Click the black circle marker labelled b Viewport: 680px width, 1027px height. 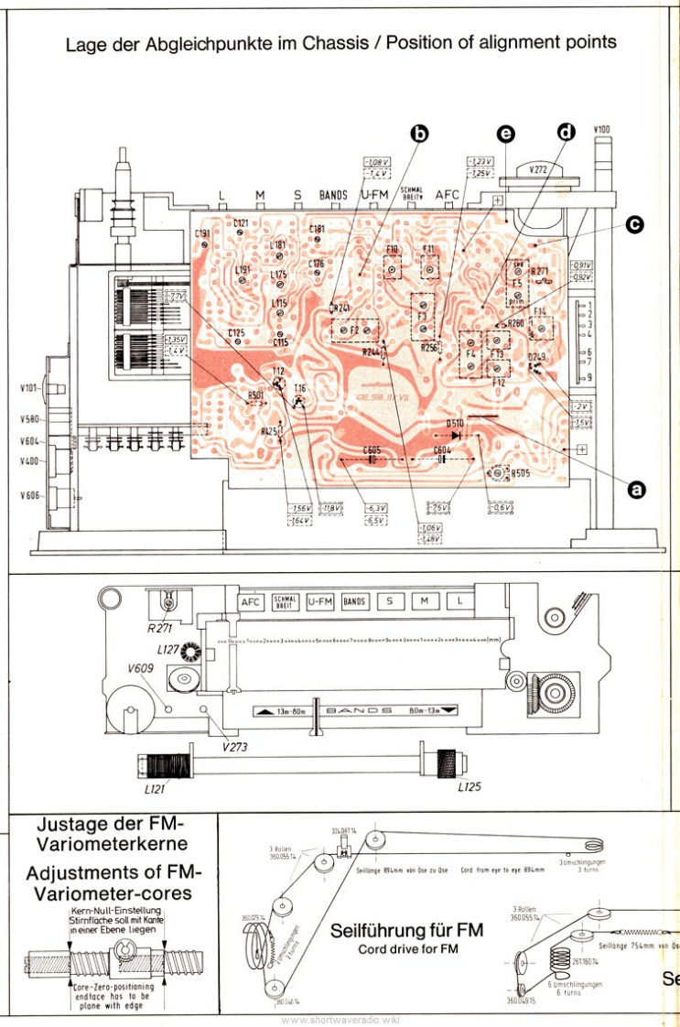click(418, 135)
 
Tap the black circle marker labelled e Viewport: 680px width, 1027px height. click(505, 134)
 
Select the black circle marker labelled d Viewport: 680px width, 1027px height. click(566, 133)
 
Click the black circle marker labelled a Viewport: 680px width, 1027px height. click(633, 490)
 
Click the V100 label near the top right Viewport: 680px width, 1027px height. click(601, 129)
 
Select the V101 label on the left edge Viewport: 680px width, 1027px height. click(28, 388)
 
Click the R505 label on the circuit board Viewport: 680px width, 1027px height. click(519, 473)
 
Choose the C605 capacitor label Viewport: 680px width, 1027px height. click(372, 449)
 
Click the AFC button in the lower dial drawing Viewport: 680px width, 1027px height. click(251, 602)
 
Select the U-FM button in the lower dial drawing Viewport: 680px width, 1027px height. click(320, 602)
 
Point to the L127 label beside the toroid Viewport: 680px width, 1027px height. click(167, 649)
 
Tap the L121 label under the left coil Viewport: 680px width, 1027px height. click(154, 787)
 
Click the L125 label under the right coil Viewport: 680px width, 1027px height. click(469, 785)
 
